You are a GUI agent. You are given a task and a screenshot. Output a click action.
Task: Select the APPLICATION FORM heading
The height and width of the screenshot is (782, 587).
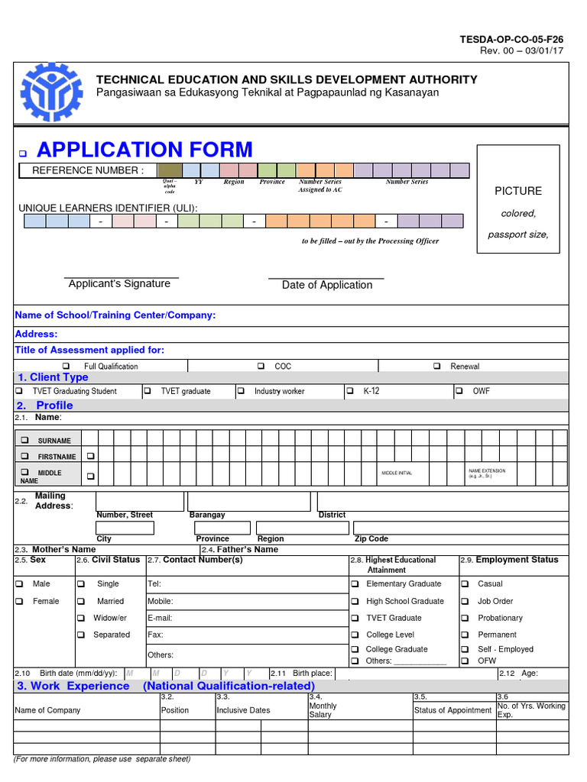click(144, 150)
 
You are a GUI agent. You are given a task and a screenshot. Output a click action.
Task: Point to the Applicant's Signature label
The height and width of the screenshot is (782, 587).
click(119, 284)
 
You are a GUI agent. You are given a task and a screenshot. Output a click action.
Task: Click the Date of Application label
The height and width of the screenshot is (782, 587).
click(327, 285)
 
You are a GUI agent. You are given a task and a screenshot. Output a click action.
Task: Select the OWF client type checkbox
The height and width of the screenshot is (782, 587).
click(459, 391)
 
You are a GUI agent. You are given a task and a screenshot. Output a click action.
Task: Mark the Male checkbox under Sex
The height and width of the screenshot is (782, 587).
click(19, 584)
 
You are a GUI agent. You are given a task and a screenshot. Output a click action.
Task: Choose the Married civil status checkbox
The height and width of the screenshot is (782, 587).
click(81, 602)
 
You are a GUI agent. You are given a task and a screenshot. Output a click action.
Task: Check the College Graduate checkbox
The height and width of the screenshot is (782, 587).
click(355, 649)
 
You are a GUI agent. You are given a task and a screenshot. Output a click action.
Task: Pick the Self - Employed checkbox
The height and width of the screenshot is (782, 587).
click(463, 649)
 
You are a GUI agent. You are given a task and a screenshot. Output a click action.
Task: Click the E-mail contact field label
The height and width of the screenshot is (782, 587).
click(160, 618)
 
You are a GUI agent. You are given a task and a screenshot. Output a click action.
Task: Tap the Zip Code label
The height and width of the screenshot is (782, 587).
click(371, 538)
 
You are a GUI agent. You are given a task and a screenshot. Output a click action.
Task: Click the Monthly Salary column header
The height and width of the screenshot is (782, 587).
click(323, 710)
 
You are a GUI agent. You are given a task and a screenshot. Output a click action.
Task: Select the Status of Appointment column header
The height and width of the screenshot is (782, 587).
click(452, 710)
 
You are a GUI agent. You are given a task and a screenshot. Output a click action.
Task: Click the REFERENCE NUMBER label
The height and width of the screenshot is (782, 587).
click(87, 170)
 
